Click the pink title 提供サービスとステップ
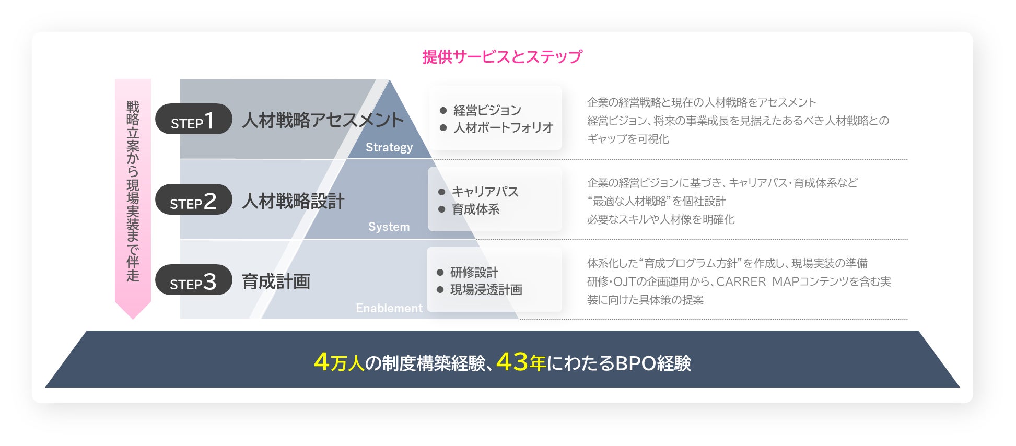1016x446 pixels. click(502, 56)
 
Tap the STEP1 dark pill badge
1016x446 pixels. click(194, 119)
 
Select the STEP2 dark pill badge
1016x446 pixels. click(194, 199)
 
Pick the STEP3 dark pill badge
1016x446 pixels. click(194, 280)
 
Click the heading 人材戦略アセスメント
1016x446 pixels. click(323, 120)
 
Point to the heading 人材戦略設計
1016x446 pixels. click(293, 201)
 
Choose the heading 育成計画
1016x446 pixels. click(276, 281)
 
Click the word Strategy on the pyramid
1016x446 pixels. click(389, 148)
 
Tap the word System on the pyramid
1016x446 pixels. click(389, 227)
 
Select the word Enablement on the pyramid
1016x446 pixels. click(389, 308)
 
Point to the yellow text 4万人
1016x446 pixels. click(339, 362)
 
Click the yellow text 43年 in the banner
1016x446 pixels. click(521, 362)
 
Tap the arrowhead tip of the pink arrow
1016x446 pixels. click(133, 319)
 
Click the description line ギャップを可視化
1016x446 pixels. click(628, 139)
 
